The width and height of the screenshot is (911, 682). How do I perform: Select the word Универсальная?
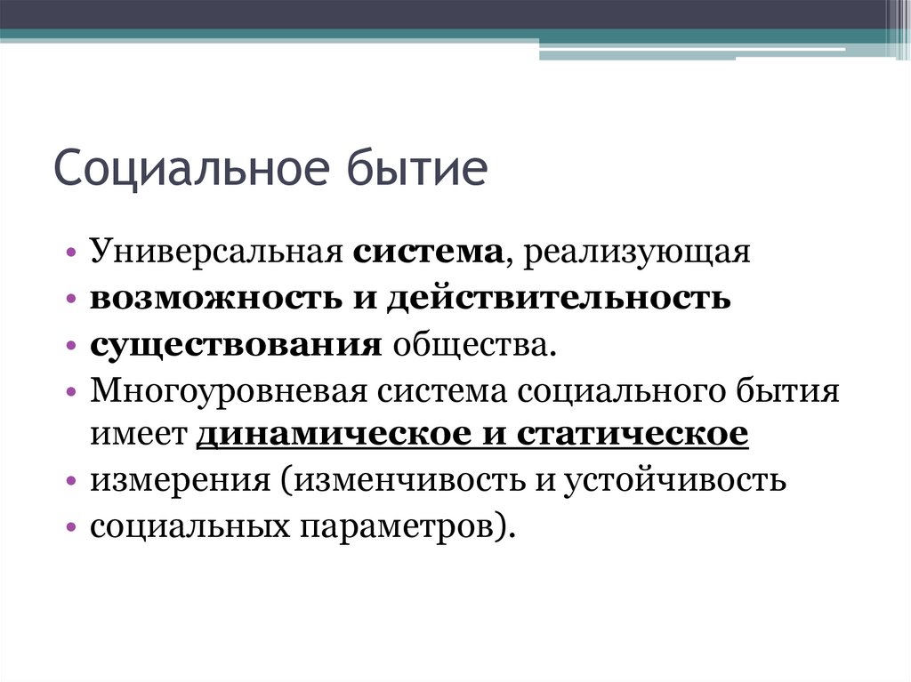coord(216,253)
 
